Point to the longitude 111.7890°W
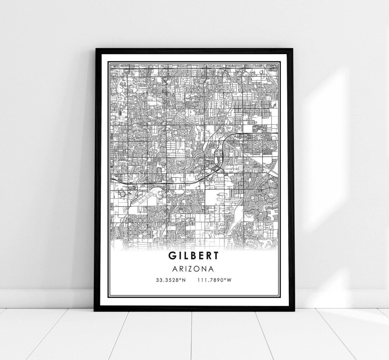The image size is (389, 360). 214,280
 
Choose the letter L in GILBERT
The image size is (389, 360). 185,256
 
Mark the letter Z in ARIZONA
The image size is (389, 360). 192,269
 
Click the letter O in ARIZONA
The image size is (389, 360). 198,269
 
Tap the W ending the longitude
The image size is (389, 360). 229,280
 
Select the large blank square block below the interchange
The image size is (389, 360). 215,198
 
